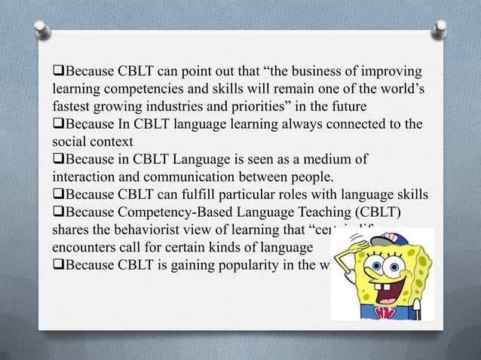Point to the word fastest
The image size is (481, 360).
73,106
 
